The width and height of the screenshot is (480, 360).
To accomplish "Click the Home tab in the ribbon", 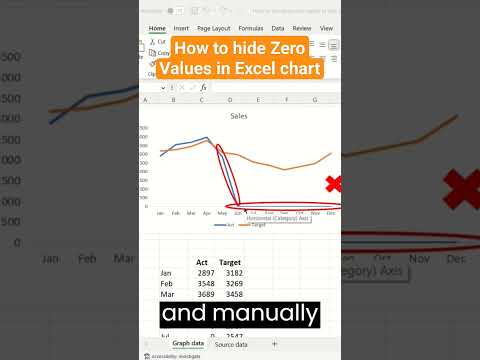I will click(158, 29).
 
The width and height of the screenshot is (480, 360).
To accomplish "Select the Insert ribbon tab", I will click(181, 29).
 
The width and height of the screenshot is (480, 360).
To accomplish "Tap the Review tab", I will click(302, 29).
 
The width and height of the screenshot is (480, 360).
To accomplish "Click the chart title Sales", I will click(239, 117).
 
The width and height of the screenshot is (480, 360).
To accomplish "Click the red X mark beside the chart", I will click(334, 184).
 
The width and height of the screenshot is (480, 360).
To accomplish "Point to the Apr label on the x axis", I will click(207, 213).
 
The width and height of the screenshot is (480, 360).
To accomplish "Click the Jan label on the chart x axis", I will click(160, 213).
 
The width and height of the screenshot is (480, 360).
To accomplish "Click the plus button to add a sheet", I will click(274, 343).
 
